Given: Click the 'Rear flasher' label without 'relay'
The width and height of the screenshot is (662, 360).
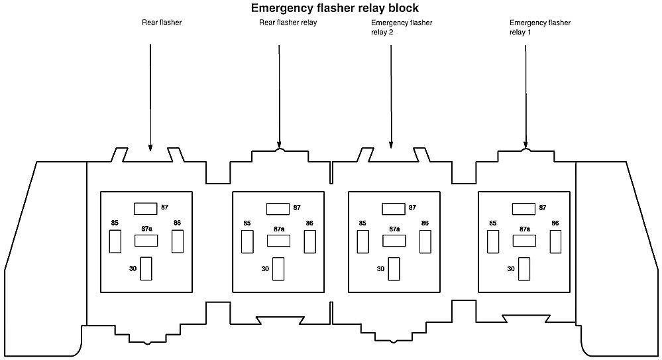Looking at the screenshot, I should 162,23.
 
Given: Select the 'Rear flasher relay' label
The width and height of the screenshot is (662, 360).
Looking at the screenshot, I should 288,23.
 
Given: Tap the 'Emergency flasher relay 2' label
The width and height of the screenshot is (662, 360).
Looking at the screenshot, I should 402,27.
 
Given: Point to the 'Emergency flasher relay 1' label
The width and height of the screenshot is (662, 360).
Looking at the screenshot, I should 539,27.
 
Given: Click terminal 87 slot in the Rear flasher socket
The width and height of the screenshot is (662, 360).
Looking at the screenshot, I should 145,209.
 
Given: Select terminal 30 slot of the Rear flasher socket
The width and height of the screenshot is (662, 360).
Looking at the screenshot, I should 146,269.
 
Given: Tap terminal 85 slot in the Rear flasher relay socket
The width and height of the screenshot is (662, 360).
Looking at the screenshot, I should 247,242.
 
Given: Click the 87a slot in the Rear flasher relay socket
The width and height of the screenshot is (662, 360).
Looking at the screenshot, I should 278,241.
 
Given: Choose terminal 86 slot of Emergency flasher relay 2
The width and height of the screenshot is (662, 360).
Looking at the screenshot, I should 425,242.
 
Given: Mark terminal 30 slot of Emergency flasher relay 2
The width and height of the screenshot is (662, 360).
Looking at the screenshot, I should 394,269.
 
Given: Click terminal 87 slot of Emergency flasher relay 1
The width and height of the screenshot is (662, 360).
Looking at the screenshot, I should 524,209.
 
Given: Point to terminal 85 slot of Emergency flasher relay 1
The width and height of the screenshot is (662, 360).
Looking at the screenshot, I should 493,242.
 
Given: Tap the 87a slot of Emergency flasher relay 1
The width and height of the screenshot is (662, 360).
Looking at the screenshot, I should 524,241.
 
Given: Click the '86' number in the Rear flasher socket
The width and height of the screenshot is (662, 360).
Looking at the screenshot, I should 177,223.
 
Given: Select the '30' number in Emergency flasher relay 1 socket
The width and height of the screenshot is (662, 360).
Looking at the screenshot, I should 511,269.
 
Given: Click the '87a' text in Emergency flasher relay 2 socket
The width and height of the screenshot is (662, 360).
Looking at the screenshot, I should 394,229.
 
